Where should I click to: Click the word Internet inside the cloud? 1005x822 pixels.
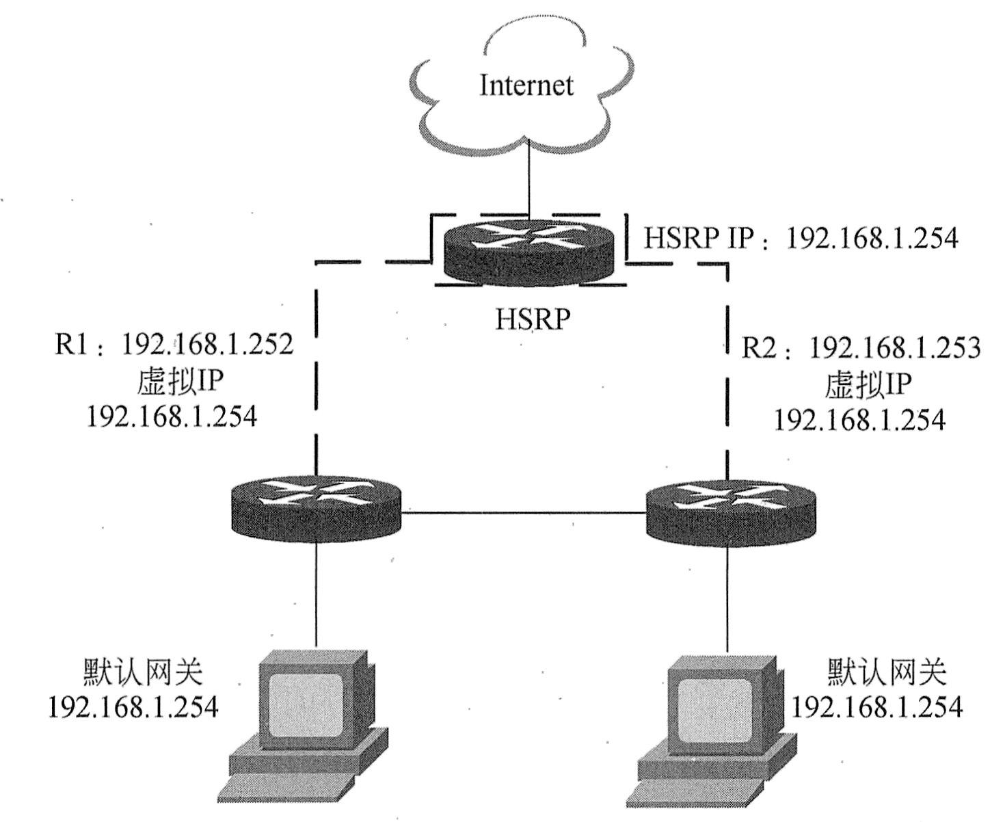point(526,85)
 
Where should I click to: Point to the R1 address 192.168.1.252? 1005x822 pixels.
point(174,345)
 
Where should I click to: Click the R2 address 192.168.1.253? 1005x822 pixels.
point(861,348)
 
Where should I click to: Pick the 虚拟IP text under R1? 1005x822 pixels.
point(180,382)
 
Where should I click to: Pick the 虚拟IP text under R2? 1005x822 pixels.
point(868,384)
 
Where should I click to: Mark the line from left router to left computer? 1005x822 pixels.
point(316,595)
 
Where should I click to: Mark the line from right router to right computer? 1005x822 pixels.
point(726,598)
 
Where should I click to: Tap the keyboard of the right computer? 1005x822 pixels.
point(697,800)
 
